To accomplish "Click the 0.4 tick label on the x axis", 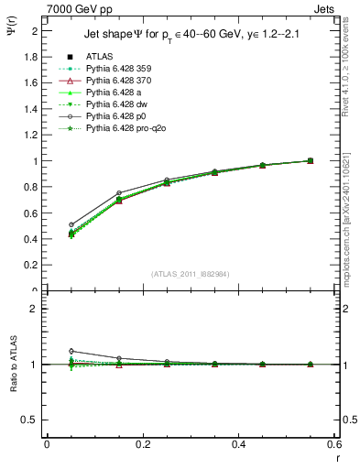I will click(239, 443).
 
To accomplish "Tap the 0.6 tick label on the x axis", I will click(333, 443).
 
